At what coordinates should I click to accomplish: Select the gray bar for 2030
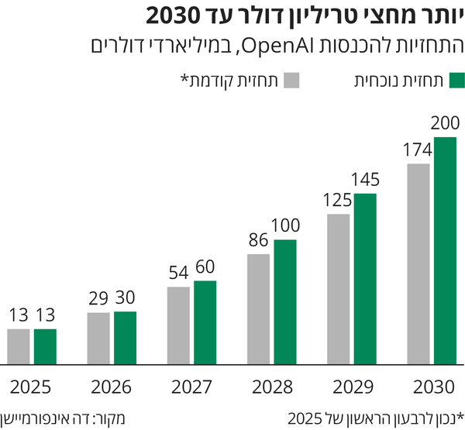click(418, 263)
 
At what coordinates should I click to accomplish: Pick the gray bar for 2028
click(259, 308)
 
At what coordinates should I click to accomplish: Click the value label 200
click(445, 123)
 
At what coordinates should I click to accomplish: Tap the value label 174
click(418, 150)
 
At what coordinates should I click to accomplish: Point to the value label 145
click(365, 180)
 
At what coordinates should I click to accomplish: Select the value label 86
click(259, 239)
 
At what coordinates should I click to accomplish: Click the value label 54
click(179, 273)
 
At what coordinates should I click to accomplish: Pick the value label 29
click(98, 298)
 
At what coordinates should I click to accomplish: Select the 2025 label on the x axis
click(31, 386)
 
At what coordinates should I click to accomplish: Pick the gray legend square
click(293, 81)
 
